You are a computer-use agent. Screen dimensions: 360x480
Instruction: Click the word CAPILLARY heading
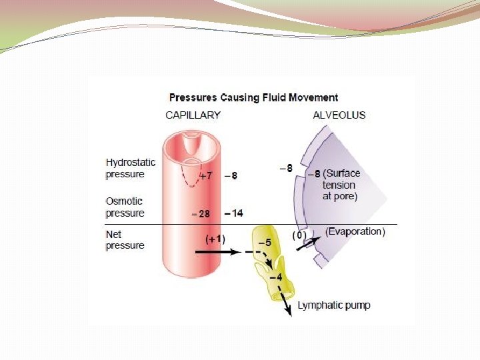click(193, 115)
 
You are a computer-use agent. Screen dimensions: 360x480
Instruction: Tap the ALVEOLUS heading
click(339, 115)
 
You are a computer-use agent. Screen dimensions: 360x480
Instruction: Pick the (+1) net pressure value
click(215, 238)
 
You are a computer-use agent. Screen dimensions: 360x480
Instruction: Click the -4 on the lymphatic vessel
click(275, 276)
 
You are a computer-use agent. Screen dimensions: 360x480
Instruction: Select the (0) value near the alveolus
click(299, 235)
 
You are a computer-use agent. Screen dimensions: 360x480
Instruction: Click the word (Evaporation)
click(355, 232)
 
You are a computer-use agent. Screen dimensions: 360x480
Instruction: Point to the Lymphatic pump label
click(334, 305)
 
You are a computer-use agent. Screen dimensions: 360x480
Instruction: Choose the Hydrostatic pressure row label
click(130, 168)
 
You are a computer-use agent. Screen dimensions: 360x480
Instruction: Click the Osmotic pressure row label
click(125, 207)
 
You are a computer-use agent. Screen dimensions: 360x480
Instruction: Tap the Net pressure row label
click(125, 240)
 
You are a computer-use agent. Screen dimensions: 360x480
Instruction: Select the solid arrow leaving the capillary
click(217, 253)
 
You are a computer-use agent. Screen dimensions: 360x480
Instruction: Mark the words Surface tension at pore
click(339, 185)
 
